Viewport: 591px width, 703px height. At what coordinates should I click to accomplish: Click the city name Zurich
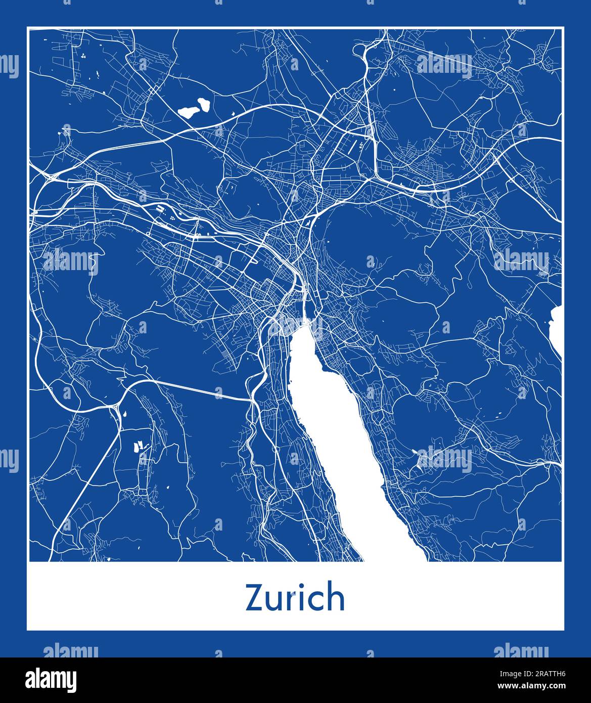(295, 598)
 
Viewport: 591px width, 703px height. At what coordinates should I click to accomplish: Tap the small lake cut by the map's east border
(557, 331)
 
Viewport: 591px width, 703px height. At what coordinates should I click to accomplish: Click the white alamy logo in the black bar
(51, 679)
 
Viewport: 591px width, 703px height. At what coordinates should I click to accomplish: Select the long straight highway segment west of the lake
(202, 390)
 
